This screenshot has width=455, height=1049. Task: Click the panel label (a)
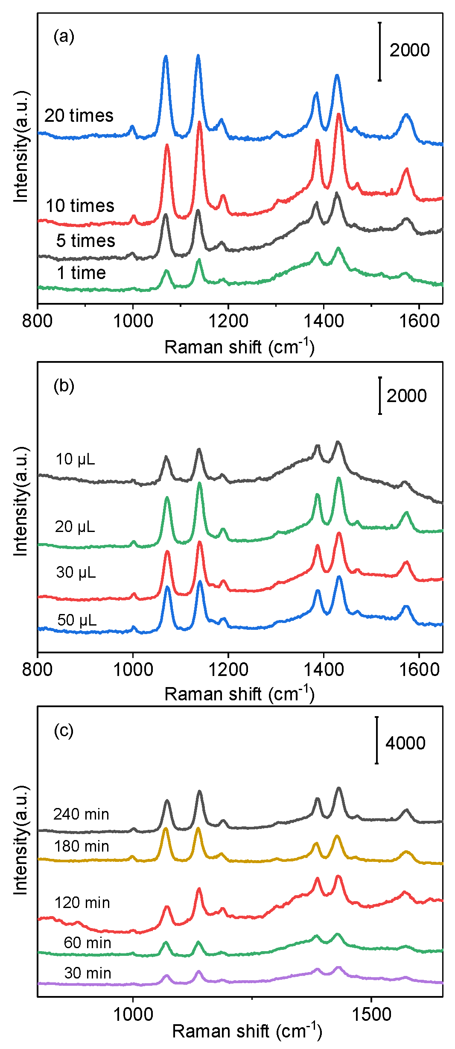pos(64,37)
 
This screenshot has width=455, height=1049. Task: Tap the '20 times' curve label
pos(79,115)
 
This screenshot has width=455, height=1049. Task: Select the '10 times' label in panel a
pos(80,206)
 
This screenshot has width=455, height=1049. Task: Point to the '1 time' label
pos(81,273)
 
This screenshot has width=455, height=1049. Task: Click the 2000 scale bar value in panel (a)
pos(409,50)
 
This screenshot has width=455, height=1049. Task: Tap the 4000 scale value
pos(405,743)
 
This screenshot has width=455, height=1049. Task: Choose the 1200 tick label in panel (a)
pos(228,320)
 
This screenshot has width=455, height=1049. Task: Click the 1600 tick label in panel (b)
pos(419,669)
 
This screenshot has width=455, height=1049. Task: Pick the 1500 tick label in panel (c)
pos(371,1014)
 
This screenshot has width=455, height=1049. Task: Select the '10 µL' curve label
pos(75,459)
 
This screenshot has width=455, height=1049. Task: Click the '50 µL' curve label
pos(77,620)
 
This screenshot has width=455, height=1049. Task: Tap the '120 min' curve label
pos(82,903)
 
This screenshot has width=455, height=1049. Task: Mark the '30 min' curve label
pos(87,973)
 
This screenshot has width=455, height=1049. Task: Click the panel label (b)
pos(64,386)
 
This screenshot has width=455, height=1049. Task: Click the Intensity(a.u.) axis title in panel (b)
pos(20,502)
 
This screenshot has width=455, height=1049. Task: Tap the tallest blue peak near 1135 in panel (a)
pos(198,56)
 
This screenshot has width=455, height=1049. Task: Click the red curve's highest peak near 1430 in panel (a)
pos(339,115)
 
